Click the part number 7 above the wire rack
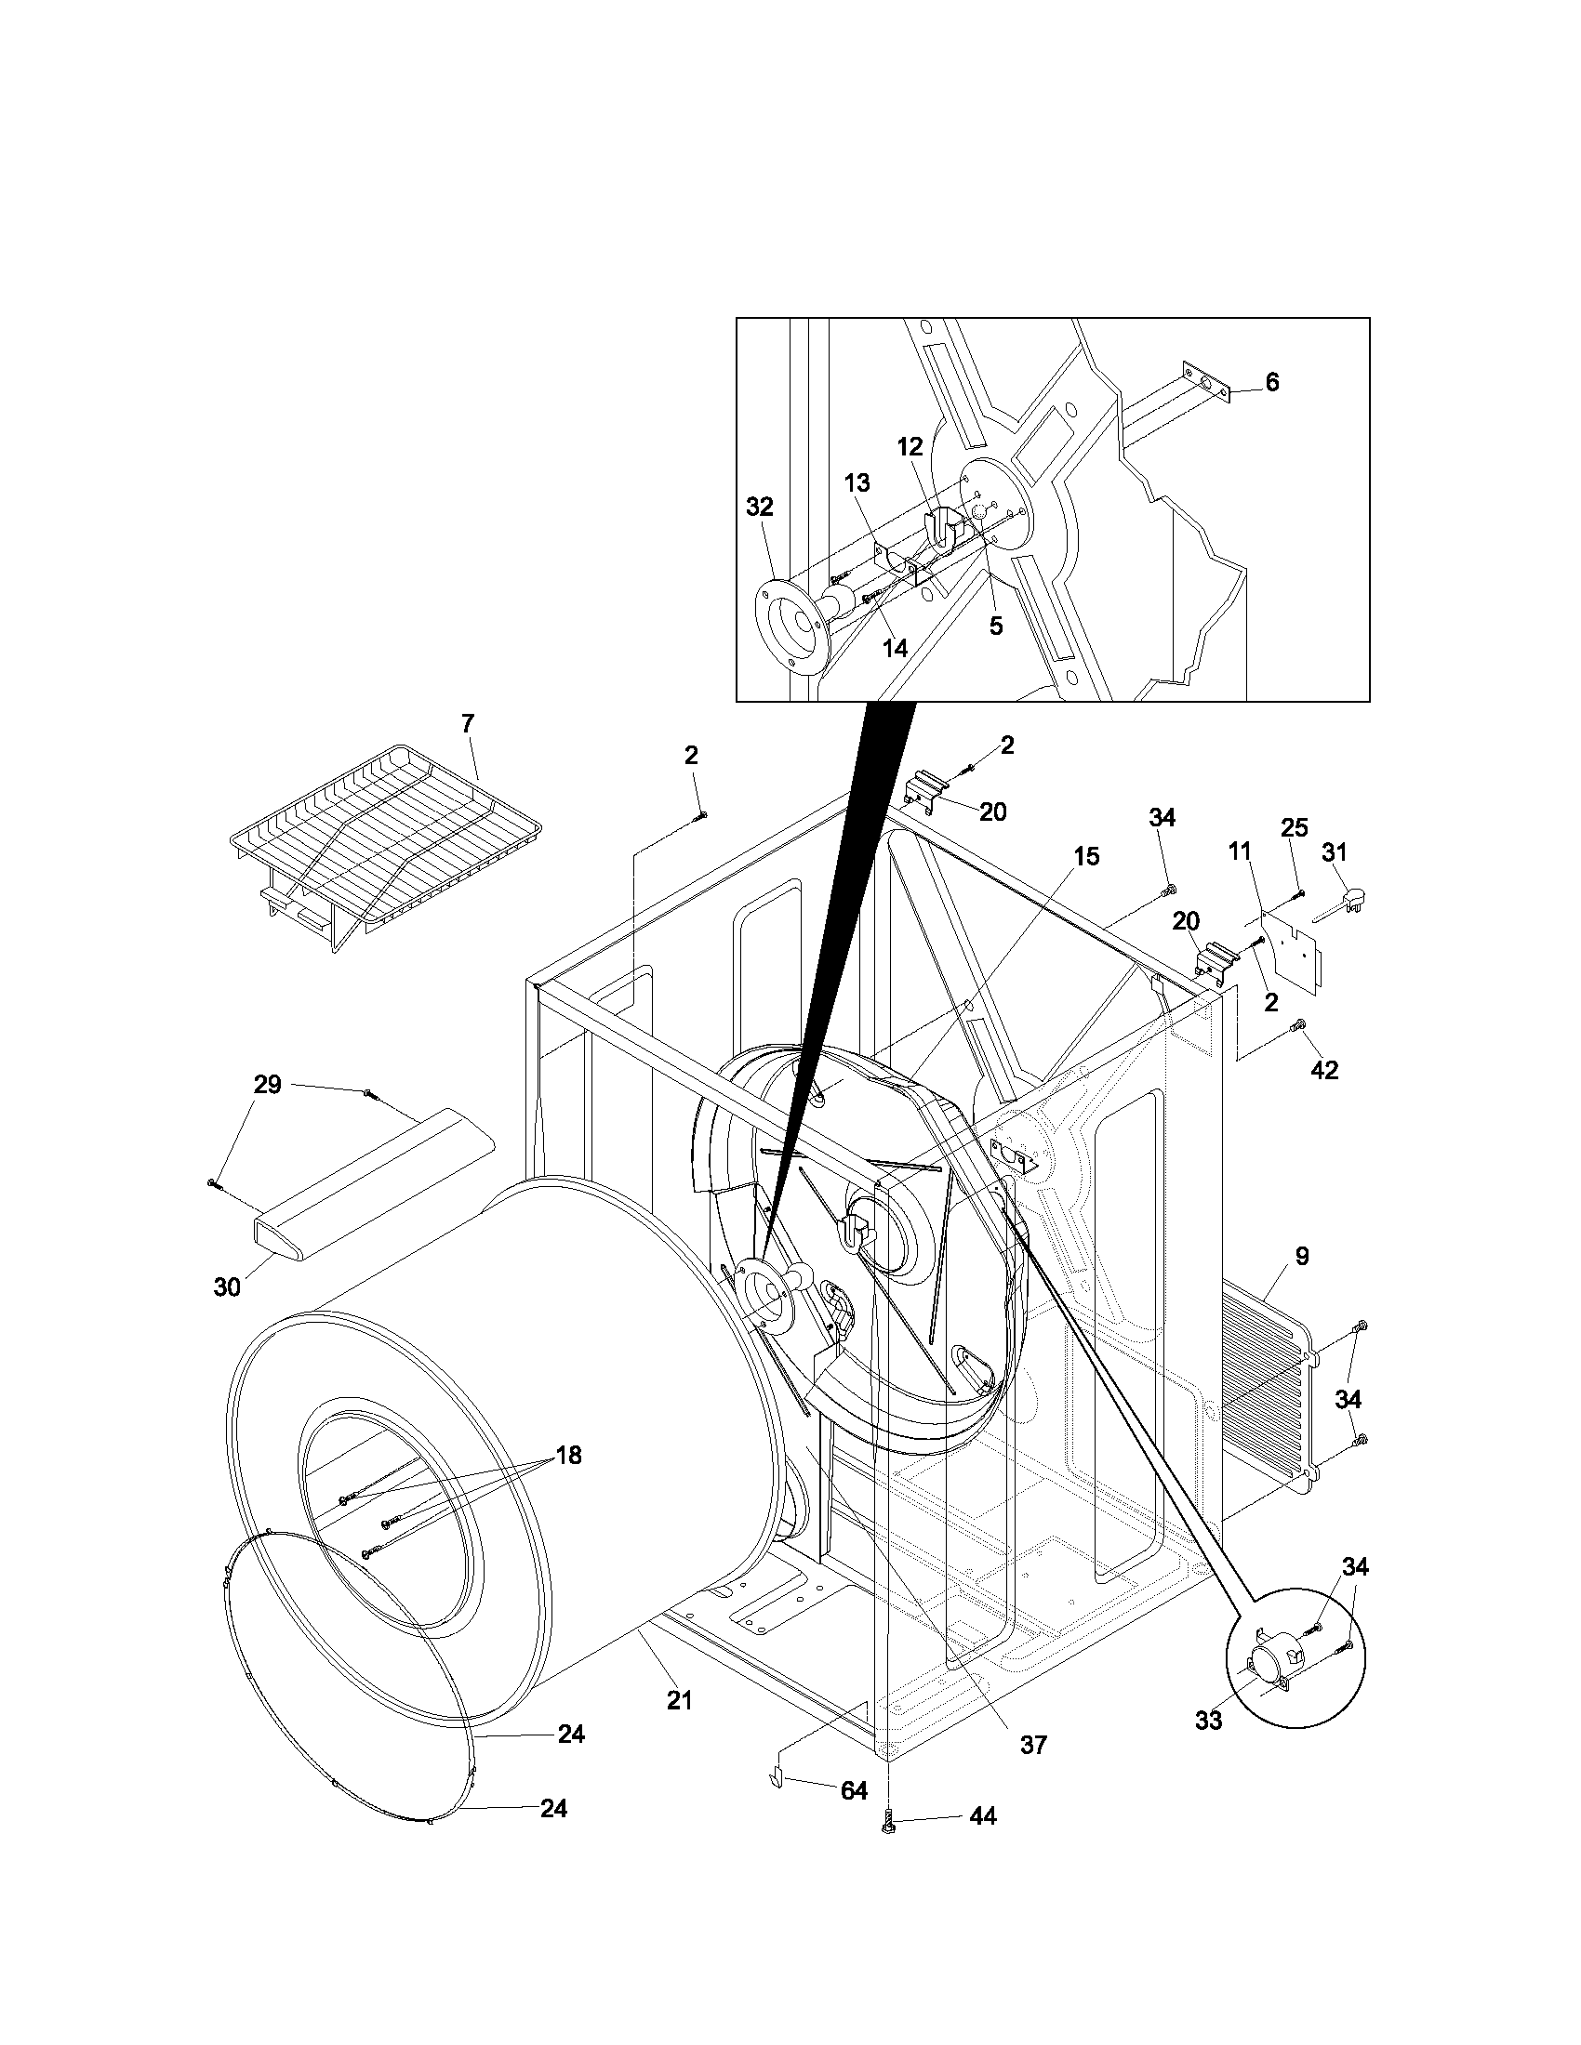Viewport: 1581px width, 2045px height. click(x=468, y=724)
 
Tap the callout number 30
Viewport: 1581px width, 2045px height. click(x=227, y=1286)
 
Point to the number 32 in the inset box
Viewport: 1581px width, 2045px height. click(x=760, y=507)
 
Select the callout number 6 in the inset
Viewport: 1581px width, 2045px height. click(x=1271, y=382)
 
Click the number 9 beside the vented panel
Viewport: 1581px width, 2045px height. click(x=1302, y=1256)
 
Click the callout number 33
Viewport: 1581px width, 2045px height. click(x=1208, y=1720)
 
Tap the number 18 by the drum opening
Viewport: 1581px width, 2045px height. click(x=567, y=1455)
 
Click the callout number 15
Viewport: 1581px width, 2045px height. click(x=1085, y=856)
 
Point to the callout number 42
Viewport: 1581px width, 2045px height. click(x=1324, y=1069)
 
